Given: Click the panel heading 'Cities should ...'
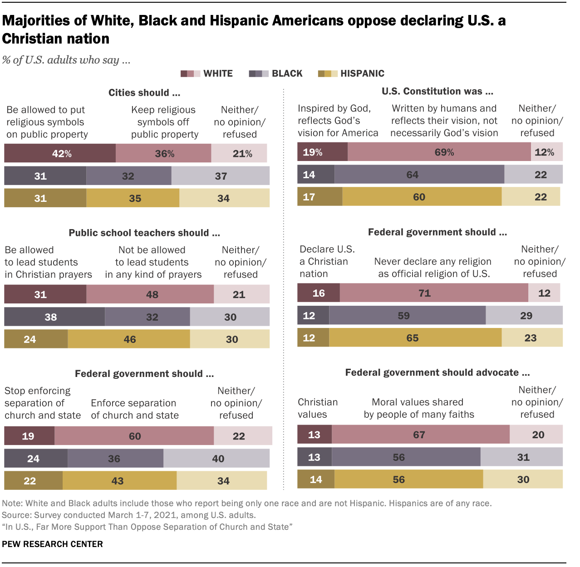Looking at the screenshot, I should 144,93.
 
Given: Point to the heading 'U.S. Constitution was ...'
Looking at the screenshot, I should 437,92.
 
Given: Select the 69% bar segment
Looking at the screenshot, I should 439,152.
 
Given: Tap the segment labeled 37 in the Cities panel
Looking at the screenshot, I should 221,176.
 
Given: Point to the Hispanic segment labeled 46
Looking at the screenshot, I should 129,339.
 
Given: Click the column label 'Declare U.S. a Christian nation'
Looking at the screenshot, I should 327,262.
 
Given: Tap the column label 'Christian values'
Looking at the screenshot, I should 317,408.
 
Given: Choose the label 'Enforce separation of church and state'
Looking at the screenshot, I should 134,409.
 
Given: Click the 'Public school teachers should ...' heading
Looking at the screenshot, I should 144,233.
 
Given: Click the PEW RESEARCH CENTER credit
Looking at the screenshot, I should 53,544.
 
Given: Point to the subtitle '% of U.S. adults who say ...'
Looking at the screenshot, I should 66,60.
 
